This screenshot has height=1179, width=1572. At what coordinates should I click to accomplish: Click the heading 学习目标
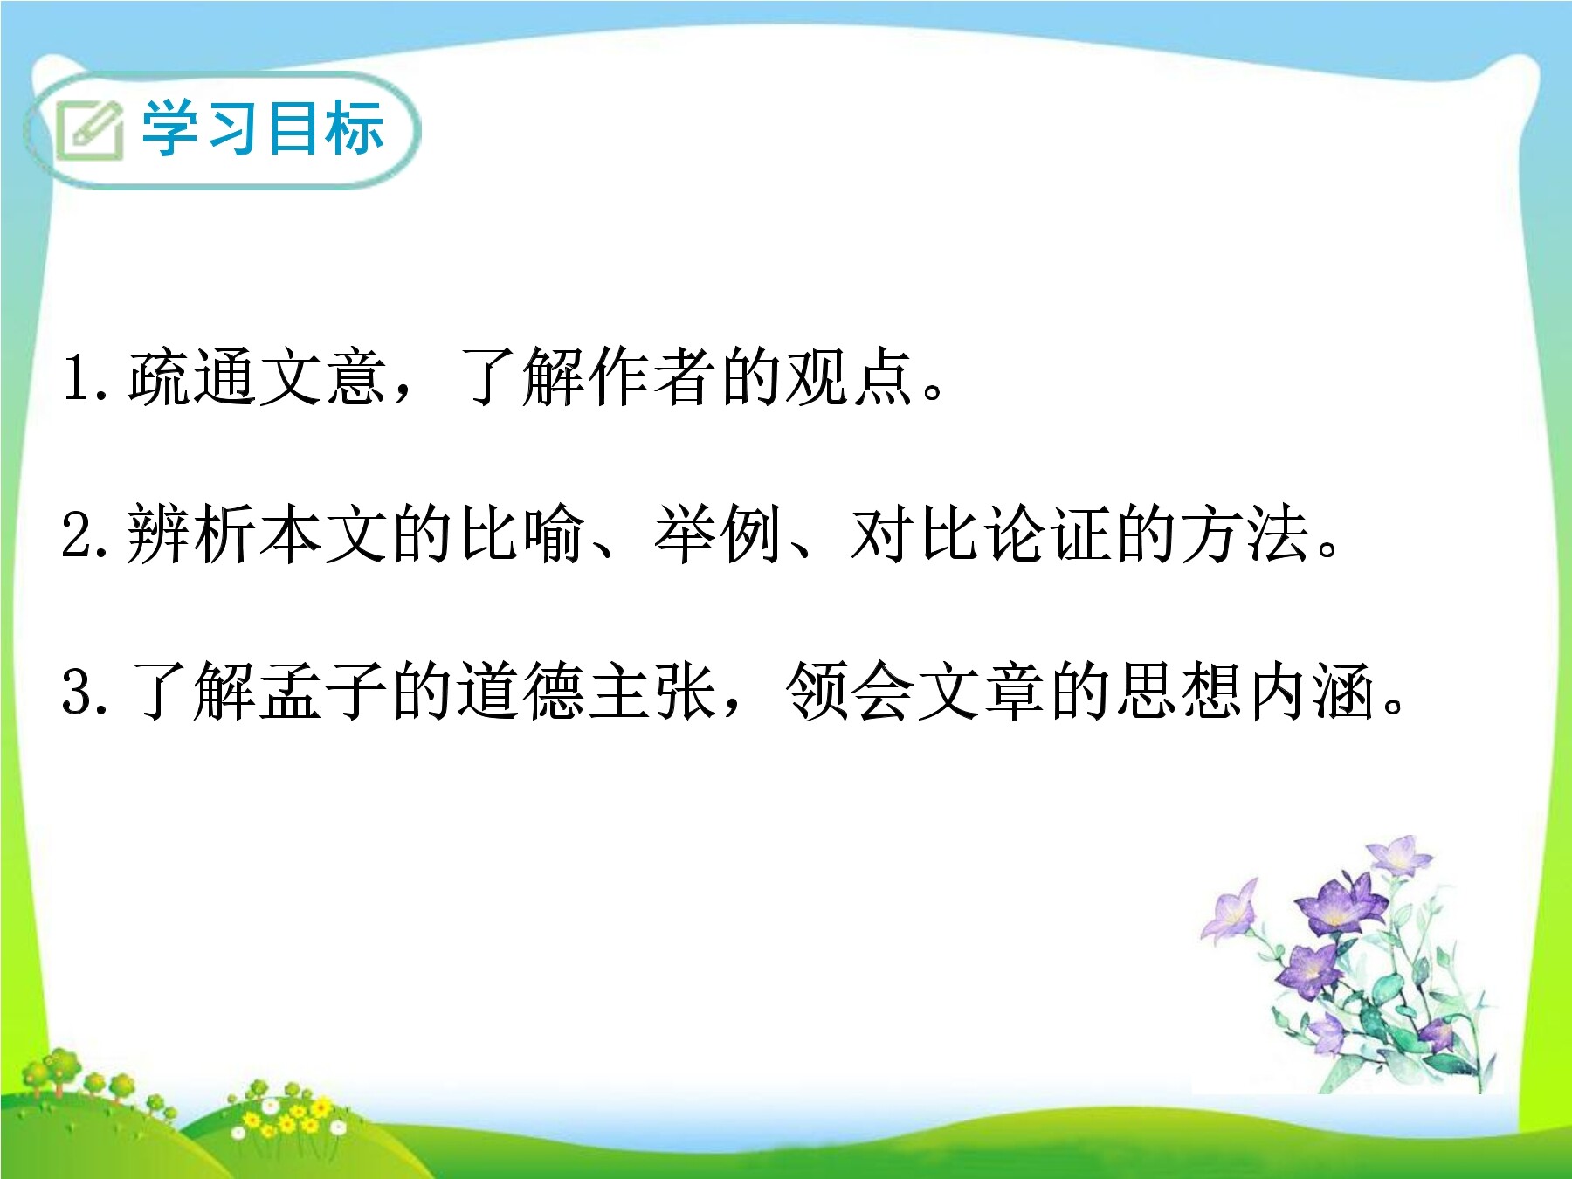[263, 128]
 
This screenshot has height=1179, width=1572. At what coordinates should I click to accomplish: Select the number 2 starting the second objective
[78, 534]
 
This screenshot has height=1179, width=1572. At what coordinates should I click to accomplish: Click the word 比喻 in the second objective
[522, 534]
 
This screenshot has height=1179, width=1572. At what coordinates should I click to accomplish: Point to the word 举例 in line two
[719, 534]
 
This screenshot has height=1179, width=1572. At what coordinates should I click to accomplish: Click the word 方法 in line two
[1245, 534]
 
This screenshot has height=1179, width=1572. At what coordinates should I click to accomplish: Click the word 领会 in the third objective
[851, 690]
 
